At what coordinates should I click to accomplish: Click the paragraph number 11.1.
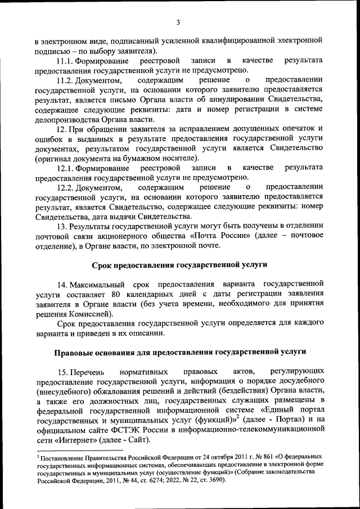coord(66,60)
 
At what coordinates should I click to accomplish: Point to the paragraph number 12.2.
coord(66,187)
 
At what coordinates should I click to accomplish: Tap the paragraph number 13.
coord(63,226)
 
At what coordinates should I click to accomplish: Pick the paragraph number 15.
coord(63,372)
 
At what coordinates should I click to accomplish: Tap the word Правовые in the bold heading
coord(75,352)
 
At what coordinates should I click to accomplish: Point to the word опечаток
coord(295,129)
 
